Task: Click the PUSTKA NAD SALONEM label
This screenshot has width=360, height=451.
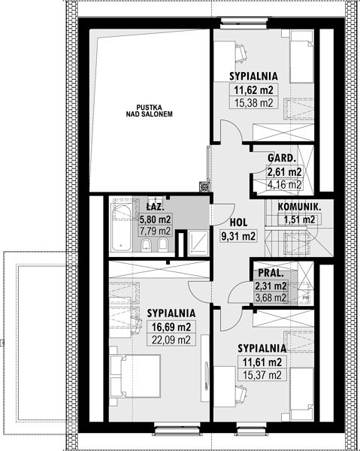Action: [150, 110]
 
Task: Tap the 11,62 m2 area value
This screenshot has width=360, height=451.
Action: [253, 90]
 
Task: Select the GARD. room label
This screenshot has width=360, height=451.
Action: [282, 158]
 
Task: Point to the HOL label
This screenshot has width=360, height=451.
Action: [238, 222]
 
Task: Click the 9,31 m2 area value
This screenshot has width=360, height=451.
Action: [238, 236]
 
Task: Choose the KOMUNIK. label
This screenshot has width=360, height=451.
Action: [299, 207]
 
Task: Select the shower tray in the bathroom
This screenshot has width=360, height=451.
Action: [198, 243]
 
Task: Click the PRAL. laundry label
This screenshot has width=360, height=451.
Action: [271, 273]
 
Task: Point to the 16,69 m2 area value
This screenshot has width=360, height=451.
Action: [171, 327]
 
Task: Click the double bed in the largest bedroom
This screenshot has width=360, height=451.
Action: [135, 376]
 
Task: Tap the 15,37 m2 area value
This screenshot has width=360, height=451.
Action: [262, 375]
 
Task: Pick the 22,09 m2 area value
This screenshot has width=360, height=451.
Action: [171, 340]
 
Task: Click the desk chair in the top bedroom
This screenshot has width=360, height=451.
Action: [241, 53]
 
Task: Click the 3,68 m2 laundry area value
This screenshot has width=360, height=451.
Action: [271, 298]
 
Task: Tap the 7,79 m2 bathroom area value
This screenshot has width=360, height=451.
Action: [155, 231]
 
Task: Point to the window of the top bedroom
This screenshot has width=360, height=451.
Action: [244, 23]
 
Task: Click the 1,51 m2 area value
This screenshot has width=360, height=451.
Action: [299, 219]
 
